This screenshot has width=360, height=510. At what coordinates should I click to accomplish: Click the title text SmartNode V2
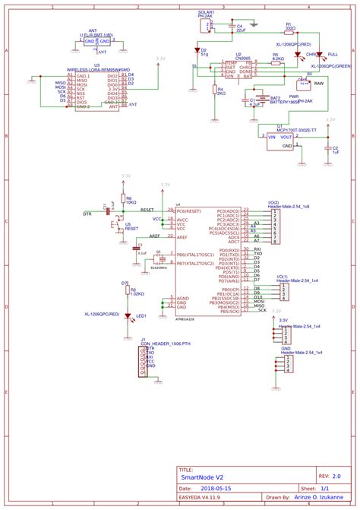[x=204, y=477]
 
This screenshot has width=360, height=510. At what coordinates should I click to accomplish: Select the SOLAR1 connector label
[x=206, y=13]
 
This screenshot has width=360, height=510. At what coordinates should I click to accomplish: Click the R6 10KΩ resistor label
[x=130, y=201]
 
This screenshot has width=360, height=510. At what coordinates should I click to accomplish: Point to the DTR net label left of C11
[x=87, y=214]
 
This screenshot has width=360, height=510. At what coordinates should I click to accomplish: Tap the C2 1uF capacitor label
[x=335, y=150]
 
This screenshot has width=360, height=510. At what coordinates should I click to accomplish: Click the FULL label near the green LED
[x=333, y=55]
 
